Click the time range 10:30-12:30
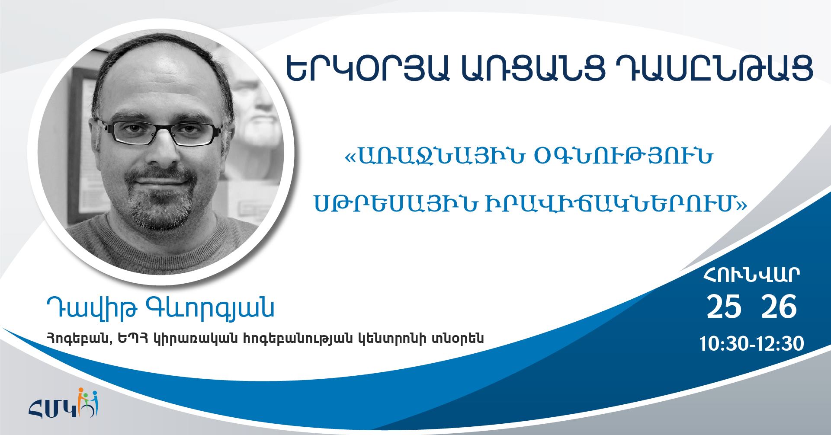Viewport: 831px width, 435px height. pos(752,344)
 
